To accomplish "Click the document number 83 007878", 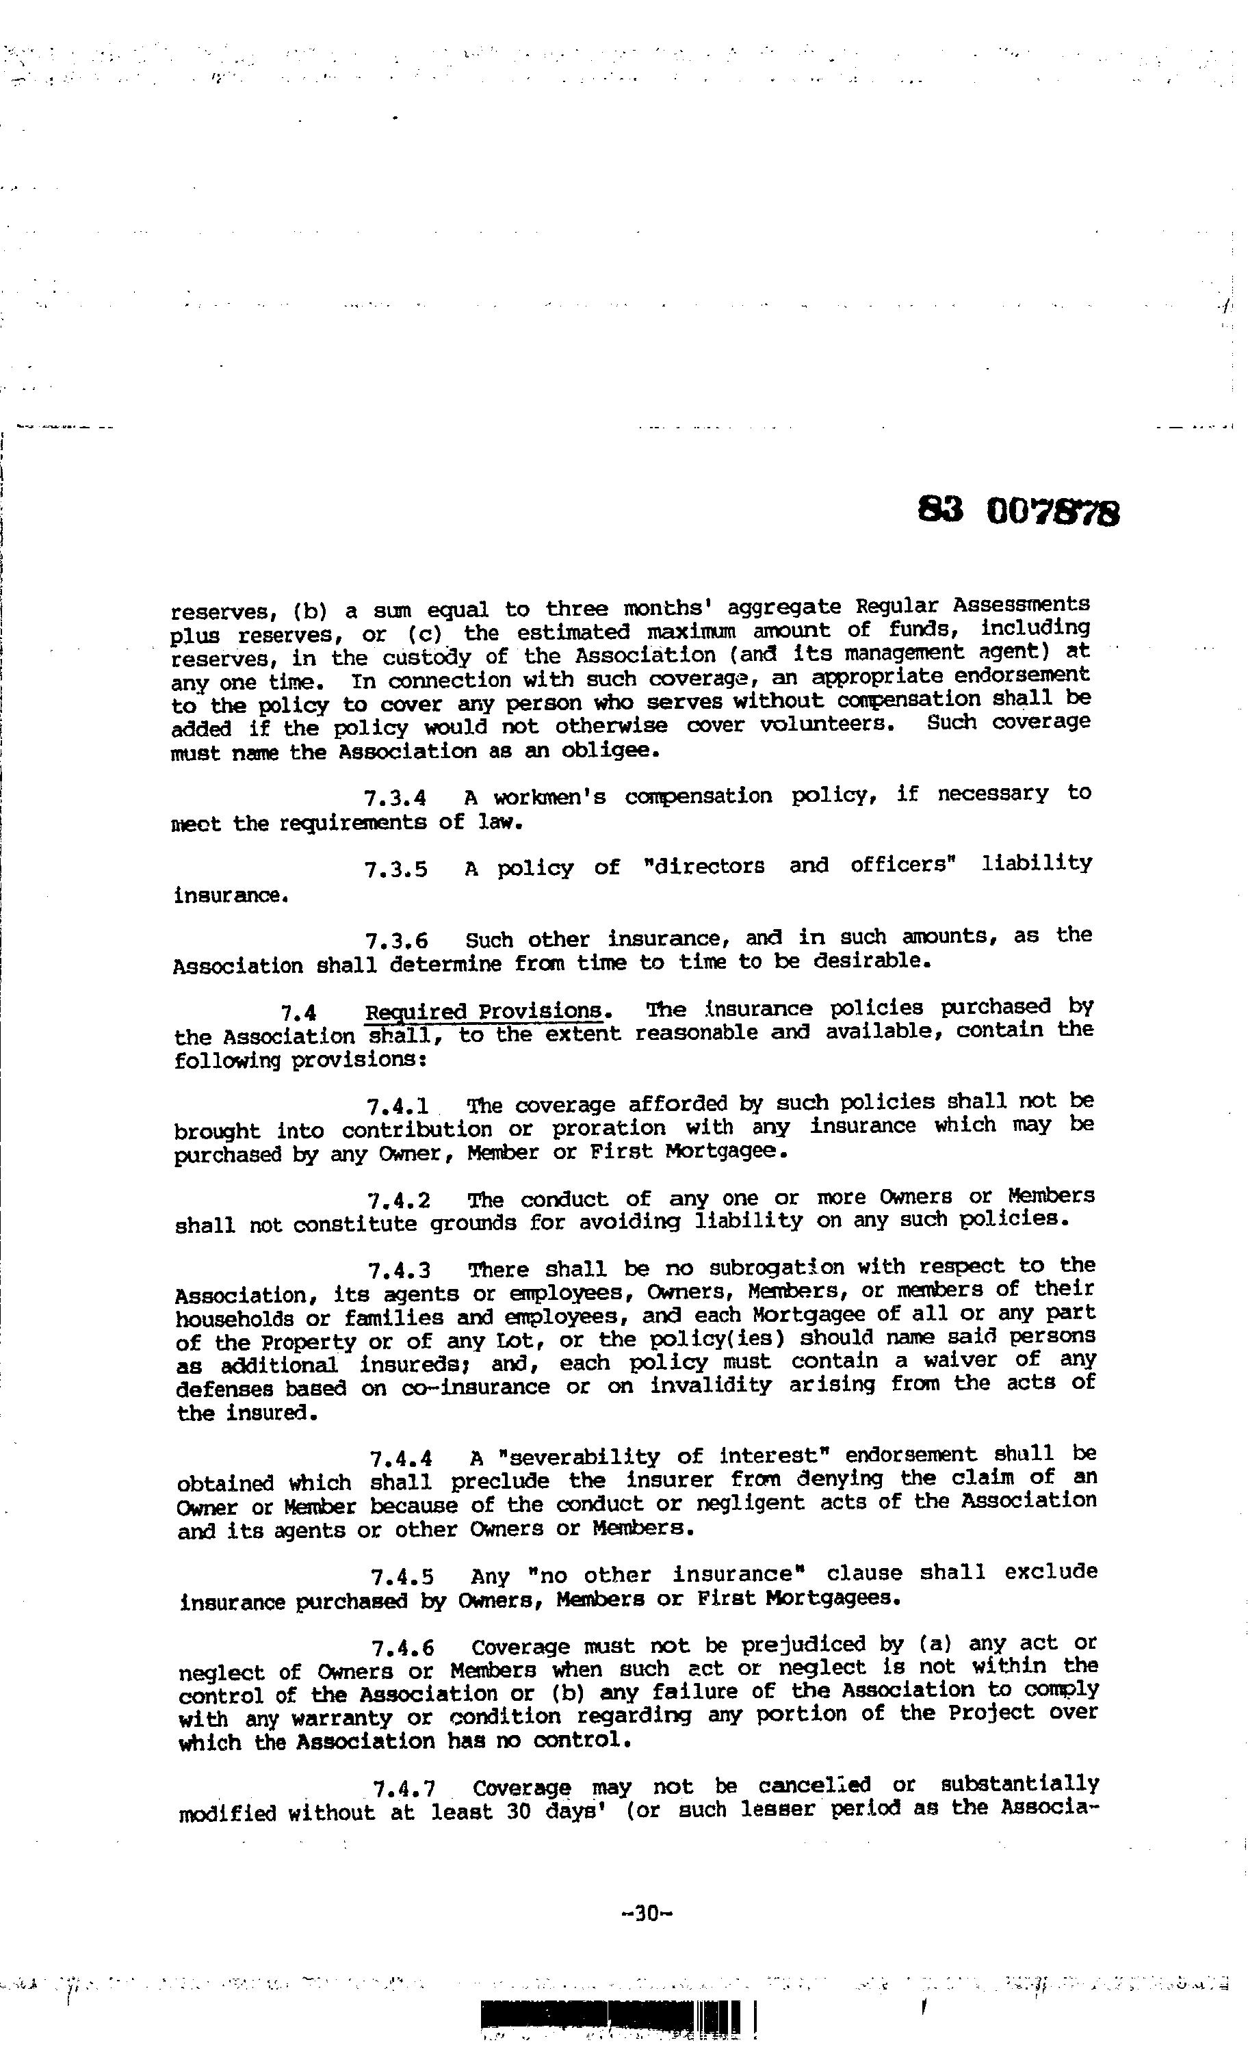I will [x=1019, y=510].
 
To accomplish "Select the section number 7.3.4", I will [x=395, y=798].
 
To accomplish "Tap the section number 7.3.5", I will [x=396, y=870].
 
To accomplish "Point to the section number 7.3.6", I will [x=396, y=941].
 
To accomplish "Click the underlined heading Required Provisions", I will [x=484, y=1011].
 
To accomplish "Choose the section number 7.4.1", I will [x=398, y=1106].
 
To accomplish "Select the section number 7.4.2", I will [x=399, y=1201].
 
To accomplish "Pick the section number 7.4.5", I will [x=402, y=1577].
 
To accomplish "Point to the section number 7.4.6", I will [x=403, y=1648].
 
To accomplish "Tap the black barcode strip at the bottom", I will [x=611, y=2016].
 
